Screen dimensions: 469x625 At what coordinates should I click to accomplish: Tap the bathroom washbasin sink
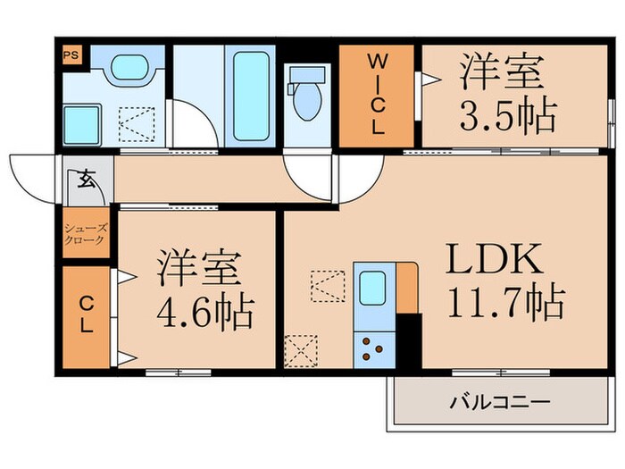pos(131,69)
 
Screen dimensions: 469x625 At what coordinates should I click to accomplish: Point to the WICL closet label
pos(378,94)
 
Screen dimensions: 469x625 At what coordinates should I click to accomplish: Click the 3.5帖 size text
pos(508,115)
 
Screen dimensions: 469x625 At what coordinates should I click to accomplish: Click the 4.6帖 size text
pos(204,313)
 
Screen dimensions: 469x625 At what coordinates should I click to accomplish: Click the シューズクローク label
pos(85,234)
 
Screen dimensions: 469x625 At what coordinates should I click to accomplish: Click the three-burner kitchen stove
pos(374,348)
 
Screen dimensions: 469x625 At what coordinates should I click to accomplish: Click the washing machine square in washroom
pos(82,121)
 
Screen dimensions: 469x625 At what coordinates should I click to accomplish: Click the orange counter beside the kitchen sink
pos(407,288)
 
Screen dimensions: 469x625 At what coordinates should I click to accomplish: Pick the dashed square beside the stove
pos(300,349)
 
